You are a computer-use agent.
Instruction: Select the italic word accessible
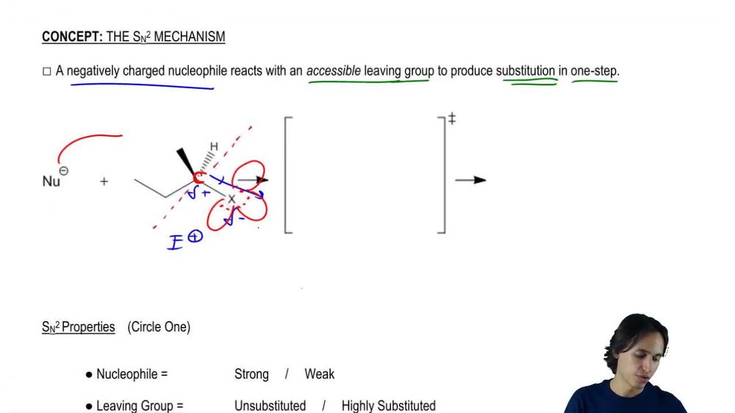coord(334,71)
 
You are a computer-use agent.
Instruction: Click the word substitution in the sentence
coord(526,71)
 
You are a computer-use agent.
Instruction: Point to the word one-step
coord(595,71)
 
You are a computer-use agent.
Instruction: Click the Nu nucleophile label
coord(51,182)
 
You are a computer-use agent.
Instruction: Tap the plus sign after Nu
coord(104,181)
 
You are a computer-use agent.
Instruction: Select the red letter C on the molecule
coord(198,178)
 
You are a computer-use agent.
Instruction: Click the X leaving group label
coord(232,199)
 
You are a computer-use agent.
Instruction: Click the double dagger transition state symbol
coord(451,118)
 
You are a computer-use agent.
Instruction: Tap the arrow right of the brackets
coord(470,179)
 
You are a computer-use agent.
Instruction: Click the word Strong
coord(251,374)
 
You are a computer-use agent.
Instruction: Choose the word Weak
coord(319,374)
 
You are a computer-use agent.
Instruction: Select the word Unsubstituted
coord(270,406)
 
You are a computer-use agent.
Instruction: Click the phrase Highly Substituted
coord(388,406)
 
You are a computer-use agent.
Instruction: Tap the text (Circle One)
coord(159,327)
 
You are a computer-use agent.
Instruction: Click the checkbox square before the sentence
coord(46,72)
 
